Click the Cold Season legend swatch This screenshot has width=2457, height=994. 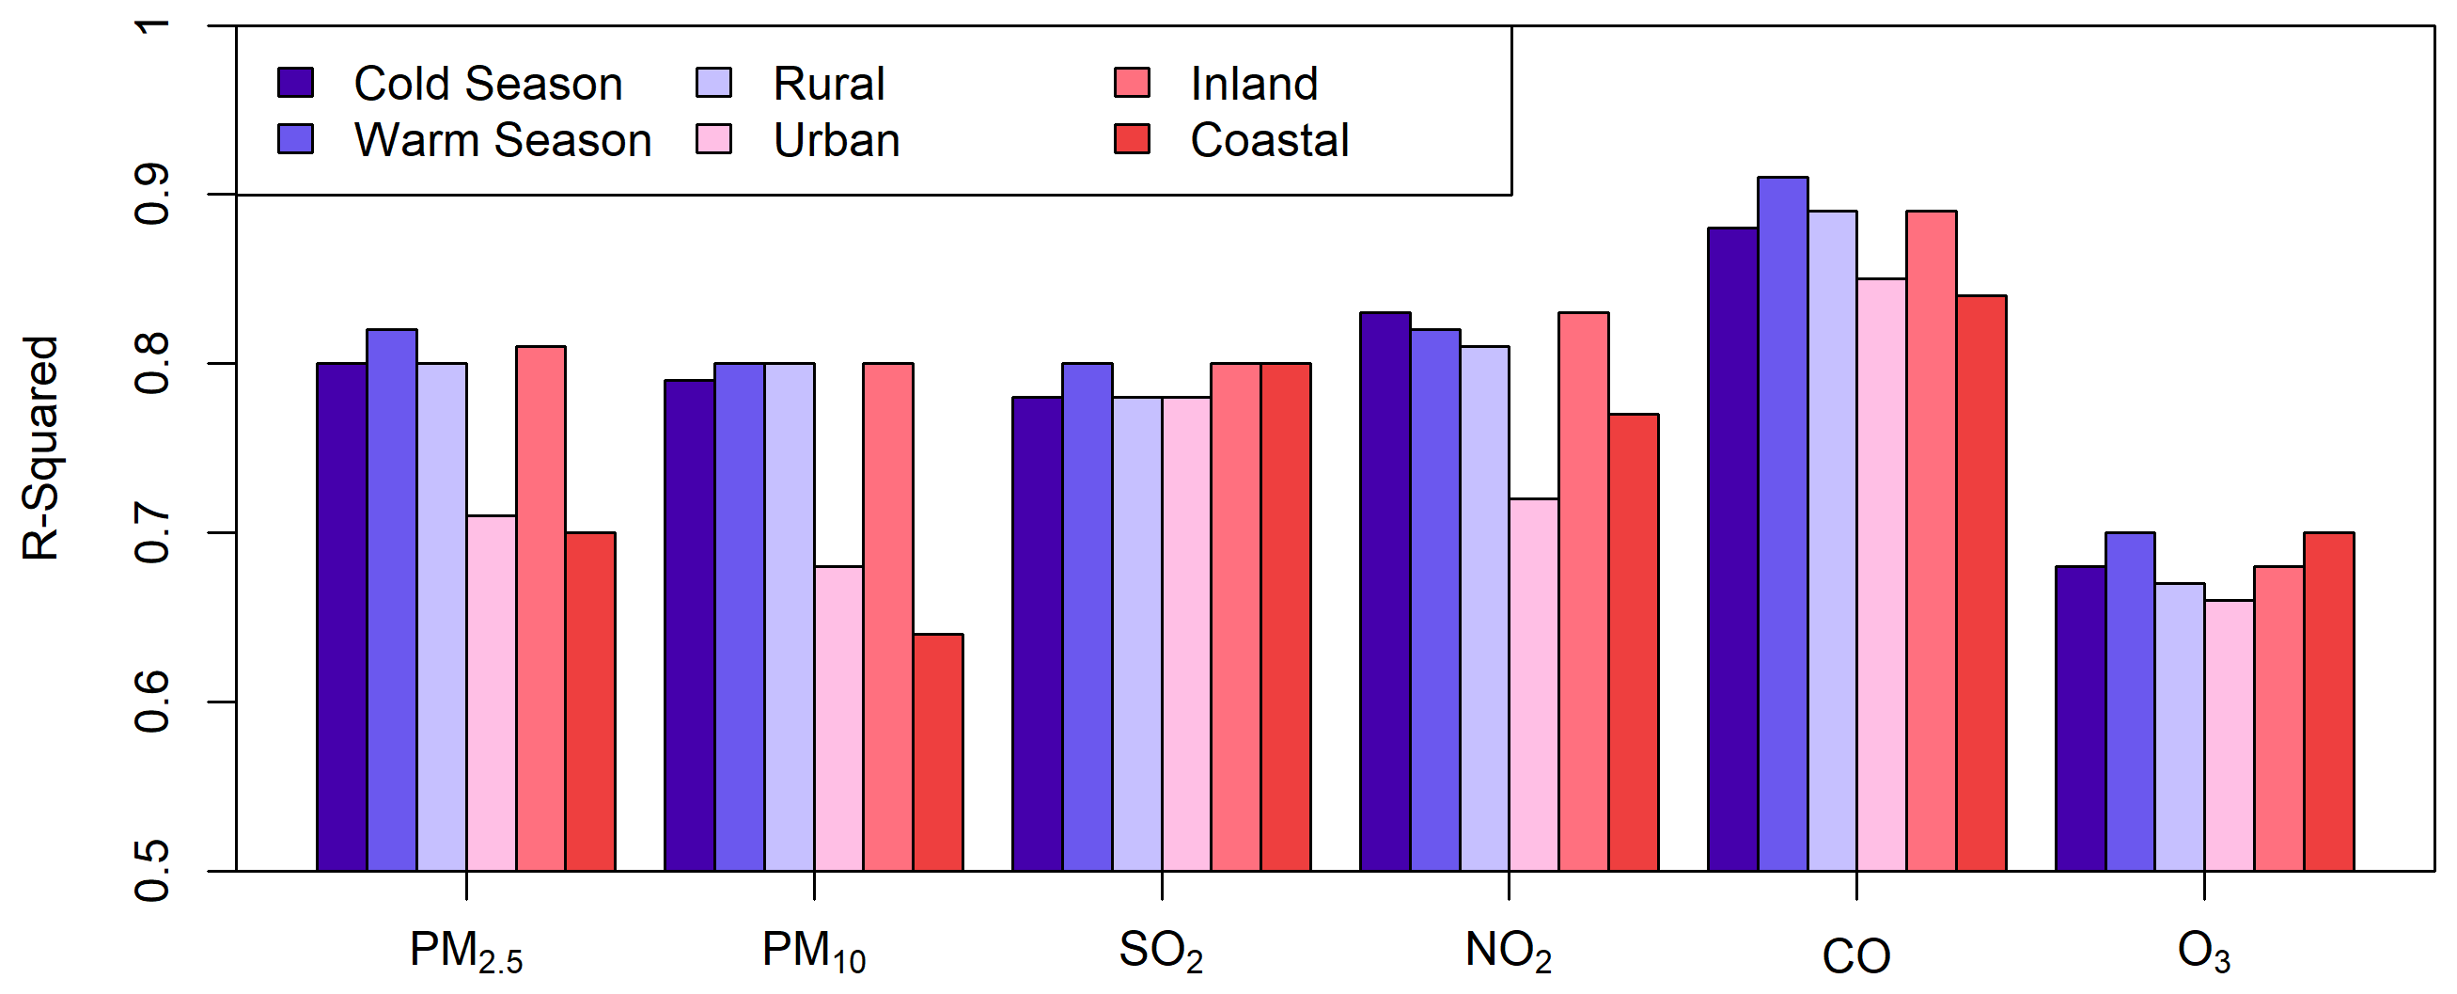point(296,83)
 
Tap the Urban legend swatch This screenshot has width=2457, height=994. point(714,139)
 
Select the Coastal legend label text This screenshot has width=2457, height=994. point(1269,140)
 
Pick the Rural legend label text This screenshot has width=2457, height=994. point(828,84)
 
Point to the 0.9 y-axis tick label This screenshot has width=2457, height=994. point(152,194)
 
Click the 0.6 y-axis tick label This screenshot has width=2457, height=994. point(152,702)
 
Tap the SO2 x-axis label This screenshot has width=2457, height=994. point(1161,951)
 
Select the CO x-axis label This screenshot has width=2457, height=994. point(1855,955)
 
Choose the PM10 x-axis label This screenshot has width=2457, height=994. point(814,951)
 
